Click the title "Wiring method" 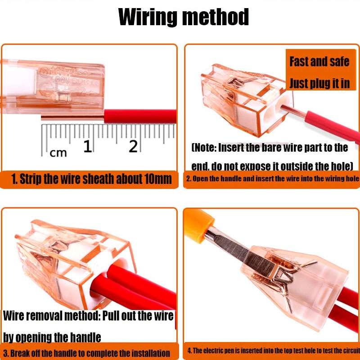click(x=183, y=18)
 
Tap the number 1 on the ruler click(x=87, y=146)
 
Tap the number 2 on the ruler click(x=133, y=146)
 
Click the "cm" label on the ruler click(x=58, y=153)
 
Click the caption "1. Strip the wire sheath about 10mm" click(x=91, y=179)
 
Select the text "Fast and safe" click(x=319, y=61)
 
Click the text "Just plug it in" click(x=319, y=83)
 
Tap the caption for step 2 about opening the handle click(x=272, y=179)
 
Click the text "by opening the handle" click(x=52, y=337)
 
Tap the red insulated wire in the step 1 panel click(x=139, y=117)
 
